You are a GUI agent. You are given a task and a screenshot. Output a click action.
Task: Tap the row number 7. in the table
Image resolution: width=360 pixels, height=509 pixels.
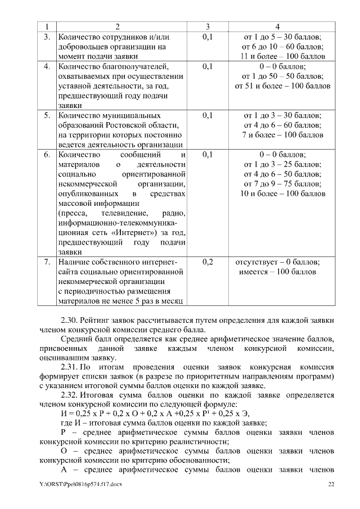pos(48,262)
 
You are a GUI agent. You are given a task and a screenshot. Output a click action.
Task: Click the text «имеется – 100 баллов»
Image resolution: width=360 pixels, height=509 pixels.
pos(278,272)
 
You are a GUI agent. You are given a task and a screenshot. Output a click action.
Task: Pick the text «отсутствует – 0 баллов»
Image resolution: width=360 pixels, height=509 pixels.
pos(278,262)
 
